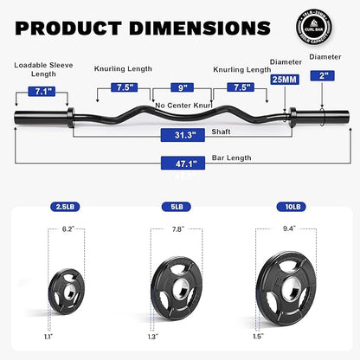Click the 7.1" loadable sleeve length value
click(x=30, y=91)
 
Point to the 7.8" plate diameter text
click(x=178, y=230)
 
